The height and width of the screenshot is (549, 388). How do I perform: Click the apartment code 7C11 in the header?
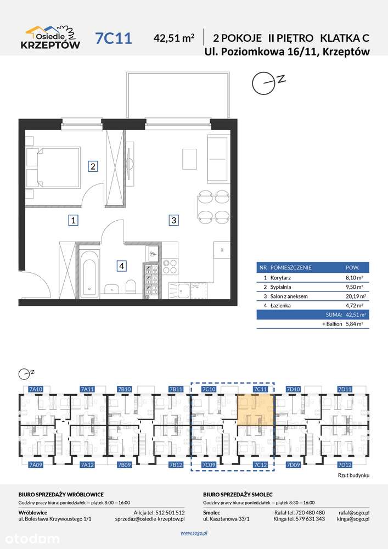pyautogui.click(x=114, y=38)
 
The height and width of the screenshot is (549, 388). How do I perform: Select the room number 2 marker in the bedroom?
pyautogui.click(x=93, y=166)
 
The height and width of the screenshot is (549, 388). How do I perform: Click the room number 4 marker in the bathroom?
pyautogui.click(x=121, y=266)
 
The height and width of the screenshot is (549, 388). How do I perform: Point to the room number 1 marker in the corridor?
pyautogui.click(x=73, y=220)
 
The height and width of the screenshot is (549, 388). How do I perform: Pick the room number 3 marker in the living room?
pyautogui.click(x=173, y=220)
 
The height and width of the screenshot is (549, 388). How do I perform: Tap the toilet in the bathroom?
pyautogui.click(x=131, y=287)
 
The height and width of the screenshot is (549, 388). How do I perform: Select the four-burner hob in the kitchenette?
pyautogui.click(x=170, y=266)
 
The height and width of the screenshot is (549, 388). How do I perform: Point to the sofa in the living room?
pyautogui.click(x=218, y=159)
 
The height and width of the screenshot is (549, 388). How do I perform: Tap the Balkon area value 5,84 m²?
pyautogui.click(x=354, y=324)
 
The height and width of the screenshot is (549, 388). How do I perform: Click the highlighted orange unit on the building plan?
pyautogui.click(x=255, y=410)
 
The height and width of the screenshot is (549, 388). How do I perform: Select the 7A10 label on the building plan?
pyautogui.click(x=36, y=389)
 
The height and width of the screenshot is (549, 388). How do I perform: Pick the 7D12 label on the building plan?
pyautogui.click(x=345, y=464)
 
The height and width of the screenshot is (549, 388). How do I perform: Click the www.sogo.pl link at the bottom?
pyautogui.click(x=194, y=533)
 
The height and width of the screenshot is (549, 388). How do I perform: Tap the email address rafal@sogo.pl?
pyautogui.click(x=354, y=513)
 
